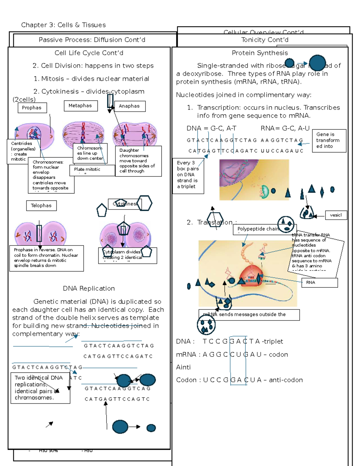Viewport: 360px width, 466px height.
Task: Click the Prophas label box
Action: click(32, 108)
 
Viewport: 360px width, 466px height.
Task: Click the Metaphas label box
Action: click(80, 106)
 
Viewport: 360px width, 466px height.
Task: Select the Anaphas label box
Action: click(130, 106)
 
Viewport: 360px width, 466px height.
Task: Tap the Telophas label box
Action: click(41, 206)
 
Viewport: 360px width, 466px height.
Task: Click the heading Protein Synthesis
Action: click(260, 53)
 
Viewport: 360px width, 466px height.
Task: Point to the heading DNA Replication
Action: click(89, 288)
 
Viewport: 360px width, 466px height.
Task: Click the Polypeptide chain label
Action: click(258, 229)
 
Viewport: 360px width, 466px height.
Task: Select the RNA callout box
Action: click(319, 282)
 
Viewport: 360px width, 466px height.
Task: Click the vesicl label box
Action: click(336, 215)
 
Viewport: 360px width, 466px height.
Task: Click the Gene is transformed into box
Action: click(329, 140)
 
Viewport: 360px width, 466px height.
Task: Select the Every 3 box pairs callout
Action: click(188, 175)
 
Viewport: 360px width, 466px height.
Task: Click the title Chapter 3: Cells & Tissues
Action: click(63, 25)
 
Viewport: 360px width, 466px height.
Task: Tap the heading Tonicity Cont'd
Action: click(265, 40)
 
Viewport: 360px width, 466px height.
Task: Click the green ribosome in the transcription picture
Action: click(265, 192)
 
